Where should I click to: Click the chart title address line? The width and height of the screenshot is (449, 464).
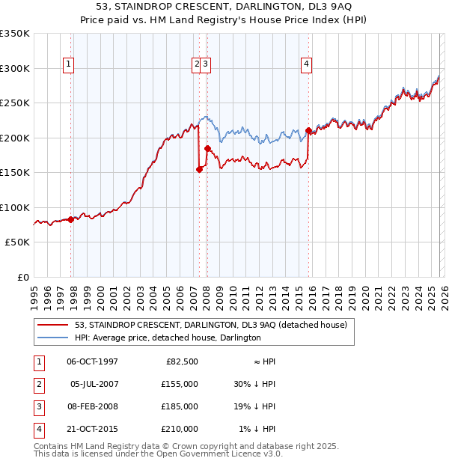point(224,7)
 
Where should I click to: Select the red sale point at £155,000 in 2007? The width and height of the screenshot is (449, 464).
point(199,169)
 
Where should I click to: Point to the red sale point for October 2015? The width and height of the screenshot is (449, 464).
point(308,131)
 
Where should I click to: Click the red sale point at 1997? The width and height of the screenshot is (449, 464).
point(71,219)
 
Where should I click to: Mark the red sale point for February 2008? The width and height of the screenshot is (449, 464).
point(207,148)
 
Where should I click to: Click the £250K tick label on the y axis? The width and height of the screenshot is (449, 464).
point(15,103)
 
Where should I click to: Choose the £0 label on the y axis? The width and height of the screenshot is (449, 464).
point(22,277)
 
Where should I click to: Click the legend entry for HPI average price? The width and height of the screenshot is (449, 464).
point(168,338)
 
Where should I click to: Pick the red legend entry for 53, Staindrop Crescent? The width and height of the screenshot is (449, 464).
point(211,325)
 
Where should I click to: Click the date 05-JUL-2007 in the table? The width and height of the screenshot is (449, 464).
point(93,384)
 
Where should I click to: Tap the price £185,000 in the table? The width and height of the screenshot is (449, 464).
point(180,406)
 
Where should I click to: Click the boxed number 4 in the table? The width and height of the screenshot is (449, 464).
point(37,429)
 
